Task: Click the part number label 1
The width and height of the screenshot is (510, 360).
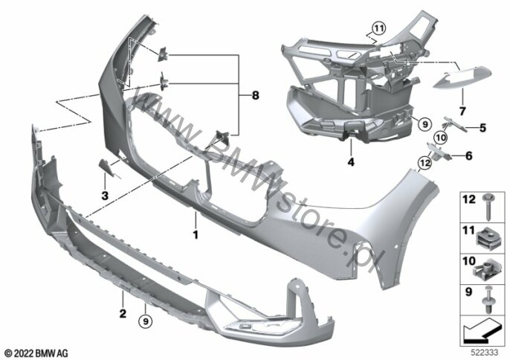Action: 196,234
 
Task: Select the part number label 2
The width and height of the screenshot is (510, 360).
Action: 123,314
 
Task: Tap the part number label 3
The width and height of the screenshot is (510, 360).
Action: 105,196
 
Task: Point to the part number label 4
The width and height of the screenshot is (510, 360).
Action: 351,161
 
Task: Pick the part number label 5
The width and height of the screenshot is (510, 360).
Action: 482,128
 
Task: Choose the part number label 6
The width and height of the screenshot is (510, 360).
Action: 468,156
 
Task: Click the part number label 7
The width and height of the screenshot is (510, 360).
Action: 462,111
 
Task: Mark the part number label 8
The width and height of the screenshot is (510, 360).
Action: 255,95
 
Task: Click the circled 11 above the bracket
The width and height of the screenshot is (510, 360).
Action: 378,29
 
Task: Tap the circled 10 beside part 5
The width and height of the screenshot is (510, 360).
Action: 441,138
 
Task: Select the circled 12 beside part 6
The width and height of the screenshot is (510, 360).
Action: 425,162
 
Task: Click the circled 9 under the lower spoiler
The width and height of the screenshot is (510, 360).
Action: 146,321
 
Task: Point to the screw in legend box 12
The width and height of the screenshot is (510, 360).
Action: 487,206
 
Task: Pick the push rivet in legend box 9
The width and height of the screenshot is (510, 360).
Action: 488,300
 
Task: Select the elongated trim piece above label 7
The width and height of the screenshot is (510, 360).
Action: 462,77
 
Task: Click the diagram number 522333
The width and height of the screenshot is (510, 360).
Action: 485,353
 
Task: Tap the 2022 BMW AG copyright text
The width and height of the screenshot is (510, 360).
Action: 36,353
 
